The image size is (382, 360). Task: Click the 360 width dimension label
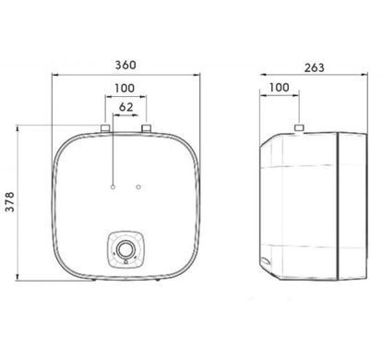(x=125, y=65)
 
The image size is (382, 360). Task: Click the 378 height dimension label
(x=10, y=202)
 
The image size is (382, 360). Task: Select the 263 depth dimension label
(x=315, y=67)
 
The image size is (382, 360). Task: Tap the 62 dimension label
(x=126, y=107)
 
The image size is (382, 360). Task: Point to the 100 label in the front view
(x=125, y=89)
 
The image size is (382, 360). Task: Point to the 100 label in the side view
(x=280, y=88)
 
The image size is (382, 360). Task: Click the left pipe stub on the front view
(x=105, y=128)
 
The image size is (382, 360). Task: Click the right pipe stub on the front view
(x=147, y=128)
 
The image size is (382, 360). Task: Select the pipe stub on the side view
(x=299, y=127)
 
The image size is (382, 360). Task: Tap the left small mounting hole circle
(x=113, y=186)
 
